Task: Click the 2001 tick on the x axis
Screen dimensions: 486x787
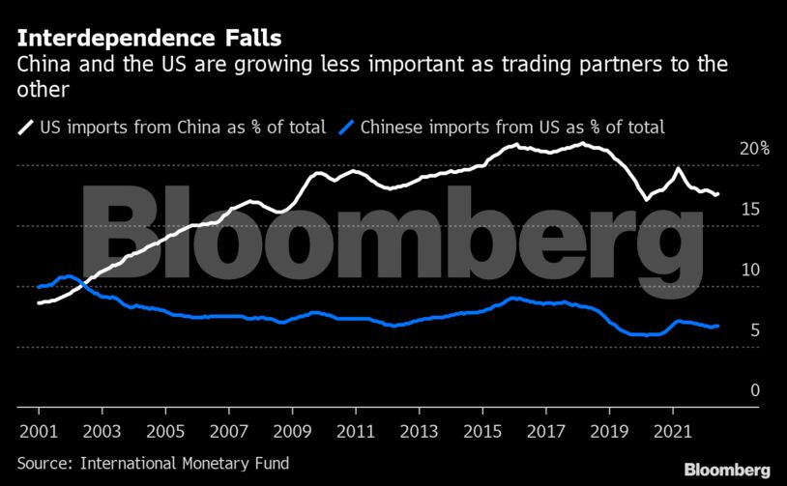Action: (37, 427)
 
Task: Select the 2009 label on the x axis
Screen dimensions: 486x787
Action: (291, 427)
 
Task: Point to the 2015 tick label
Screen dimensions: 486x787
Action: (481, 427)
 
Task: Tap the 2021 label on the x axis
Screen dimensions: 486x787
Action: (672, 427)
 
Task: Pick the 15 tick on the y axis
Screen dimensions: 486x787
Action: (749, 210)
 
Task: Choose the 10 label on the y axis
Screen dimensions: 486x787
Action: (749, 271)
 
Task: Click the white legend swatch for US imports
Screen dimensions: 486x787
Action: (24, 127)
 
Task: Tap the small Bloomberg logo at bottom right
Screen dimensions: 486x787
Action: (727, 469)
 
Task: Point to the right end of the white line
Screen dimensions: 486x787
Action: (717, 195)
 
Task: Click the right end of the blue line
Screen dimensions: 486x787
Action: (717, 326)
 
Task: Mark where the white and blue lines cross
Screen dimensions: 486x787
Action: (85, 283)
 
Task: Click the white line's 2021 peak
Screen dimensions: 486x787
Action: (678, 168)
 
